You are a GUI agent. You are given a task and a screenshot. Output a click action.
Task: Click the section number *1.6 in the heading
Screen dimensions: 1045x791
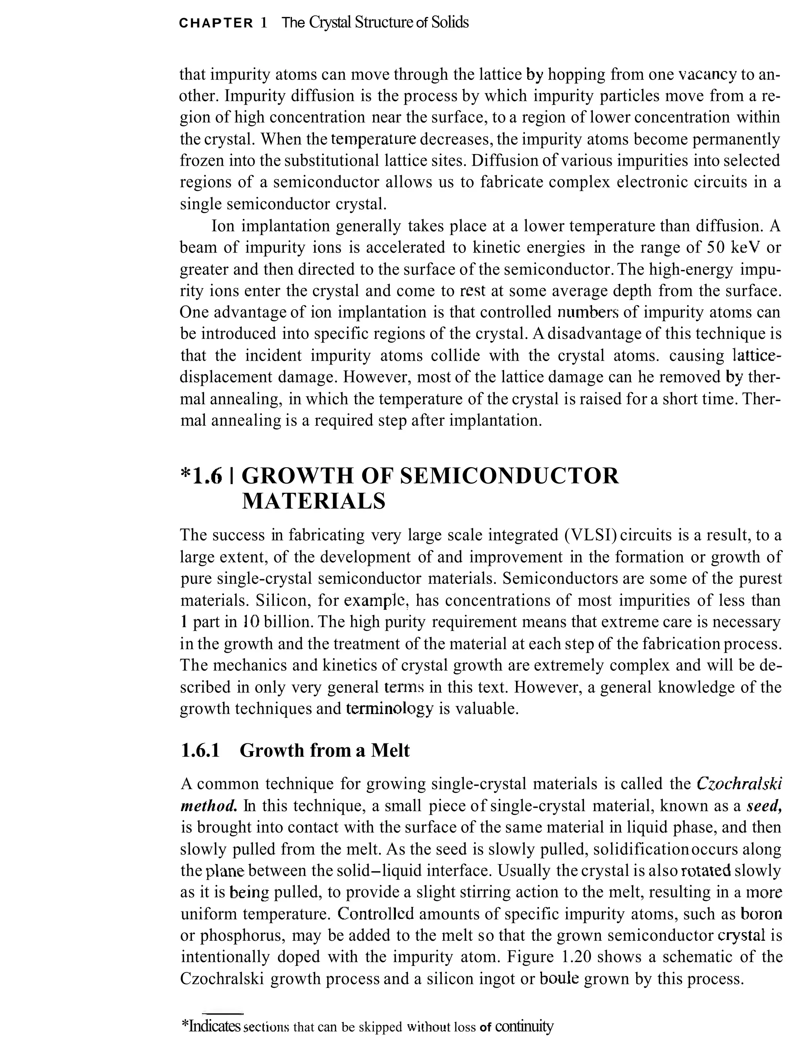pos(201,476)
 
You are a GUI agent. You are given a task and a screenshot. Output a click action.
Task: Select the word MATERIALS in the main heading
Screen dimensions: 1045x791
pos(314,501)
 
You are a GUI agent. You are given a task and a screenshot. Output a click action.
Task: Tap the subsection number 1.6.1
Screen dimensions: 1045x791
pos(200,750)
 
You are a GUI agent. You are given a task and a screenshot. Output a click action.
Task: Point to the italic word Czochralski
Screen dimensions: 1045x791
pos(739,784)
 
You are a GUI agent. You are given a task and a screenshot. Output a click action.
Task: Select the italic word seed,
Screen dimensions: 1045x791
pos(764,806)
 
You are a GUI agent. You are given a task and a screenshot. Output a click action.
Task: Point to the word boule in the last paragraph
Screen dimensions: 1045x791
pos(558,979)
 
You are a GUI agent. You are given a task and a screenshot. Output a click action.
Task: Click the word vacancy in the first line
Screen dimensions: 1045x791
pos(707,74)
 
